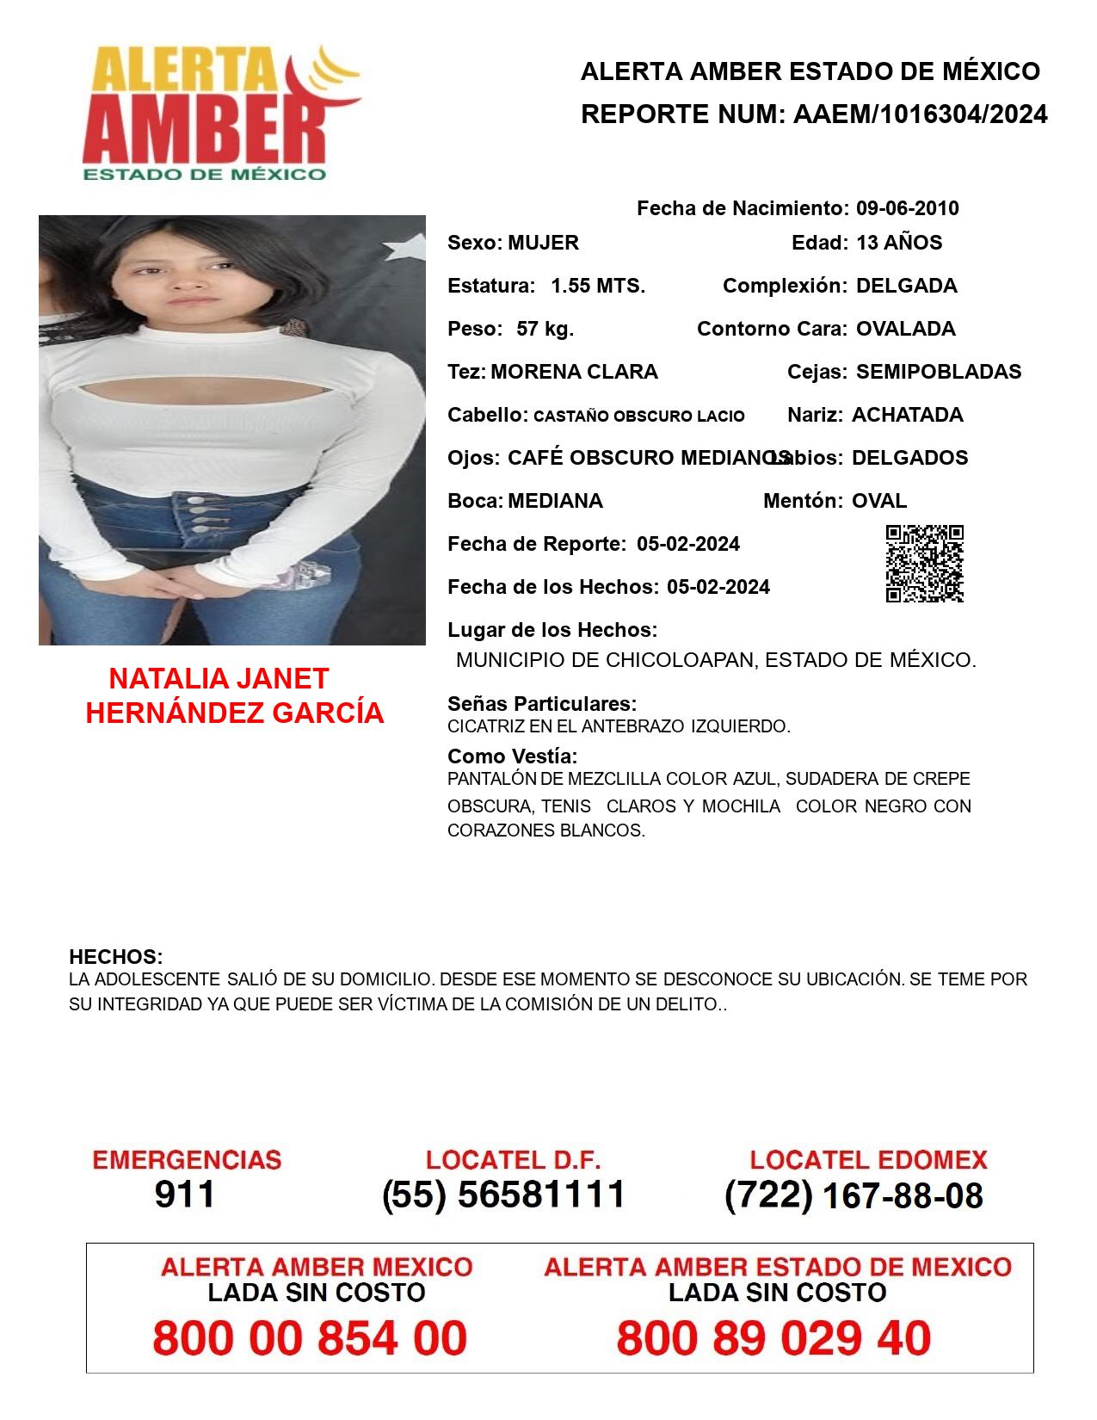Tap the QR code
pos(924,564)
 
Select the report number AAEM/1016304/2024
pos(920,114)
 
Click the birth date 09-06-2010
pos(907,208)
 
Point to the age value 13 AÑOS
pos(898,243)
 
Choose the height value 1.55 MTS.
pos(598,286)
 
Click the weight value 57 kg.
pos(545,329)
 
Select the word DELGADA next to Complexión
pos(906,286)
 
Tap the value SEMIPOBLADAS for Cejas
pos(939,372)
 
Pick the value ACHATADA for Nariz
pos(907,415)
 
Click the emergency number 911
pos(185,1195)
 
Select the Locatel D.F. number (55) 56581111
pos(503,1195)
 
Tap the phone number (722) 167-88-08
pos(854,1195)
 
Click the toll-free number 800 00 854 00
pos(310,1338)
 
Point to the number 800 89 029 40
pos(773,1338)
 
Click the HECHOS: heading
pos(115,957)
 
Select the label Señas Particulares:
pos(542,704)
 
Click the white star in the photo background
pos(403,248)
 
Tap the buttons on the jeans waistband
pos(199,515)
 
